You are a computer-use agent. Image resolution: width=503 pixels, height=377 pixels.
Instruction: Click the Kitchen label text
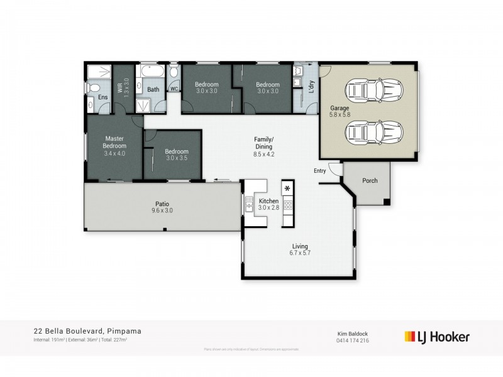coord(268,201)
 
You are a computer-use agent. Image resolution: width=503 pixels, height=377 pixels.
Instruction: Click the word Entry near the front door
coord(320,171)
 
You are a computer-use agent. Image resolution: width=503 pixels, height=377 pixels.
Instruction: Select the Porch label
coord(370,181)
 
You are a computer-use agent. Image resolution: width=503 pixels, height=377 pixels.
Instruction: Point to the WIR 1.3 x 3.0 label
coord(123,87)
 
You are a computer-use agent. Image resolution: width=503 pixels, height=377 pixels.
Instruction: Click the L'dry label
coord(311,87)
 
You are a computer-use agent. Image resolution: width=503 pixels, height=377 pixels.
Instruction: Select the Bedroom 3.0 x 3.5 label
coord(177,155)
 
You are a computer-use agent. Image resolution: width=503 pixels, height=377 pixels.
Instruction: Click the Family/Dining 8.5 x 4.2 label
coord(263,146)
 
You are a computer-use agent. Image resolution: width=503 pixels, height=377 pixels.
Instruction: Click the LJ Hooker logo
coord(437,337)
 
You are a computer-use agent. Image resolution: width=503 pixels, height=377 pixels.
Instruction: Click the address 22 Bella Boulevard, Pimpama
coord(78,331)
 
